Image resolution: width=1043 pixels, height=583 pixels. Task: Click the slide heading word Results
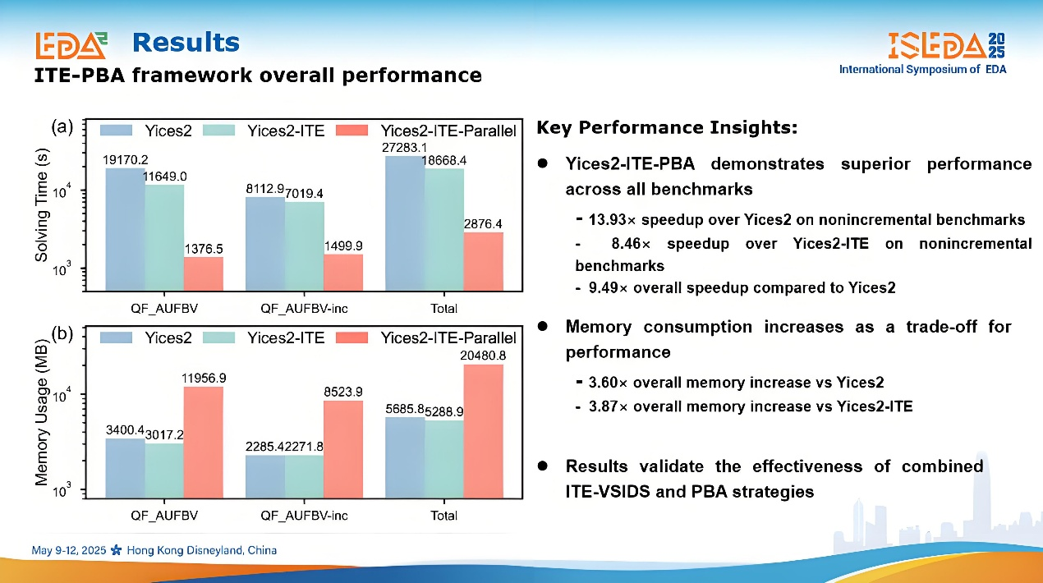[186, 42]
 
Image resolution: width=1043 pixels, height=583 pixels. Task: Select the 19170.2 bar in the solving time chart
[126, 228]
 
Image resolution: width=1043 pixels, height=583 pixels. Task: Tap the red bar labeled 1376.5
[203, 273]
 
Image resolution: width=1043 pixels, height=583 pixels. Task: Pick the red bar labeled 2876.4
[483, 261]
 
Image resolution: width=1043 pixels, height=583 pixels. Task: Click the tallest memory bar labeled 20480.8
[483, 431]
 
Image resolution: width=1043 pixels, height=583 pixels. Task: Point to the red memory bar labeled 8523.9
[342, 448]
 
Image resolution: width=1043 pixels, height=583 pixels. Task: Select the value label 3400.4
[125, 429]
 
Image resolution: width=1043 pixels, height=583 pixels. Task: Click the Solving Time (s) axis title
[41, 209]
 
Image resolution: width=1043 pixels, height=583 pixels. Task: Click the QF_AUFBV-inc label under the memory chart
[304, 516]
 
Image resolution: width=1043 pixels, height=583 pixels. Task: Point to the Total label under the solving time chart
[444, 309]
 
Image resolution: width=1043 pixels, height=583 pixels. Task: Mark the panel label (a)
[63, 126]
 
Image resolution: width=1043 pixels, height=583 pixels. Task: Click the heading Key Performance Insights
[667, 128]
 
